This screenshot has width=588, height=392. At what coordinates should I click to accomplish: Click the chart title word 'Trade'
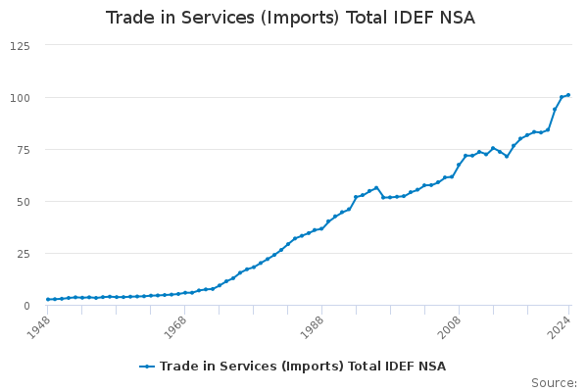point(128,18)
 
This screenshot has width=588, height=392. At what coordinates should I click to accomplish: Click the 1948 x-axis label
point(39,323)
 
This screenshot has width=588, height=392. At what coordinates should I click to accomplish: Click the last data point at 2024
point(568,95)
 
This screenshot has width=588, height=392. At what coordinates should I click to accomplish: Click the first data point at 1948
point(48,299)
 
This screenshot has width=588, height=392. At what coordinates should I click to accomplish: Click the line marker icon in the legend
point(148,367)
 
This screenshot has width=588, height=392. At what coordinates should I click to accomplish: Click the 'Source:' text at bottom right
point(554,382)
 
